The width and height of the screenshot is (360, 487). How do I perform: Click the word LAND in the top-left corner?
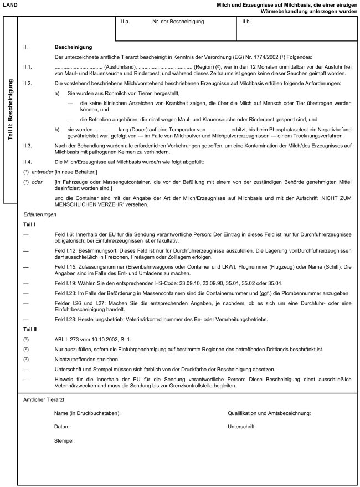pyautogui.click(x=10, y=5)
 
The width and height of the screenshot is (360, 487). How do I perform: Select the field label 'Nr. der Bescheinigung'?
pyautogui.click(x=178, y=22)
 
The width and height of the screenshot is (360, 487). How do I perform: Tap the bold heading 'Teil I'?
pyautogui.click(x=29, y=223)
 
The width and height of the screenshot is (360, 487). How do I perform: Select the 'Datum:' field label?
pyautogui.click(x=62, y=427)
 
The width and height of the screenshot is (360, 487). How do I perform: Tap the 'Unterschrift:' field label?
pyautogui.click(x=242, y=427)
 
